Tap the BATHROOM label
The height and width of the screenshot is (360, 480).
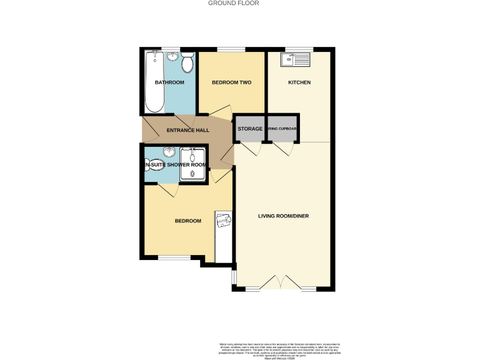click(169, 82)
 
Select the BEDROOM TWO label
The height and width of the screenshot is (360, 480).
click(231, 82)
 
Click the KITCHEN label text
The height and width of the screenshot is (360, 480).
click(299, 82)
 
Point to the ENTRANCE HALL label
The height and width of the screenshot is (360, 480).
click(187, 131)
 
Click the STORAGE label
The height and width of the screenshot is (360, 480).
click(250, 129)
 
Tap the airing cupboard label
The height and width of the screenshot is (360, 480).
click(283, 129)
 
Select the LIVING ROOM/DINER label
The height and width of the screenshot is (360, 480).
click(284, 216)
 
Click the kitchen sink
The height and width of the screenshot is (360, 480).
click(295, 60)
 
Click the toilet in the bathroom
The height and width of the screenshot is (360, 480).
click(187, 62)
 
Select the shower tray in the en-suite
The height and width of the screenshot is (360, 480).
click(193, 164)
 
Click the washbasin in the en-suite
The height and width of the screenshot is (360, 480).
click(169, 152)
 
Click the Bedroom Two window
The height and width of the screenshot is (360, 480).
click(231, 49)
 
